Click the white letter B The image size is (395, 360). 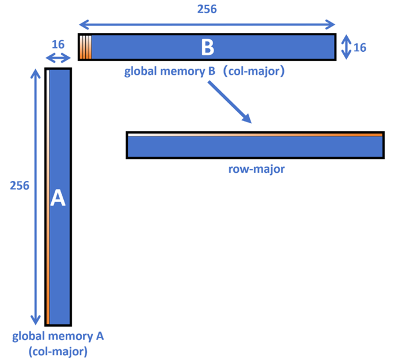coord(207,47)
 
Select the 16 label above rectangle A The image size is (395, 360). coord(58,44)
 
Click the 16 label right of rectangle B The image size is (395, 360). coord(360,48)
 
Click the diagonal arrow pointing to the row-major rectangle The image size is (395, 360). coord(230,103)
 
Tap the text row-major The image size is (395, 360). coord(255,170)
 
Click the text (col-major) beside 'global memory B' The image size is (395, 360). coord(257,73)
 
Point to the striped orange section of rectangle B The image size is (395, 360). coord(85,47)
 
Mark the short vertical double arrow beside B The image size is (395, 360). coord(345,47)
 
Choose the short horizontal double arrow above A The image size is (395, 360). coord(58,58)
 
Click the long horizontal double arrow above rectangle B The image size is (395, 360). coord(207,24)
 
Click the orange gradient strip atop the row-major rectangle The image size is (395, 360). coord(255,134)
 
